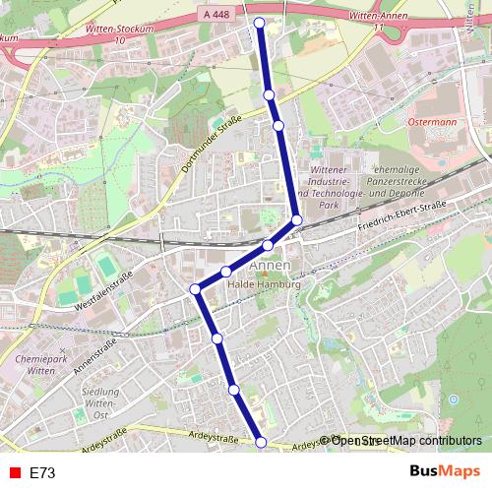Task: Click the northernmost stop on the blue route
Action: click(260, 22)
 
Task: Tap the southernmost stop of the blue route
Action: click(261, 443)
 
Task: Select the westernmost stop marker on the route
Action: click(196, 288)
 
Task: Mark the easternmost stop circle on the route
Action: click(296, 219)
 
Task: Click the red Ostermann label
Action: click(431, 122)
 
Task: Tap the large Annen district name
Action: click(271, 267)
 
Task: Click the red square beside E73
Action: click(12, 473)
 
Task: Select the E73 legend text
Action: click(42, 473)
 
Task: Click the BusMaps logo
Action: click(445, 471)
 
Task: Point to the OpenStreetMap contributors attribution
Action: click(405, 441)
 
